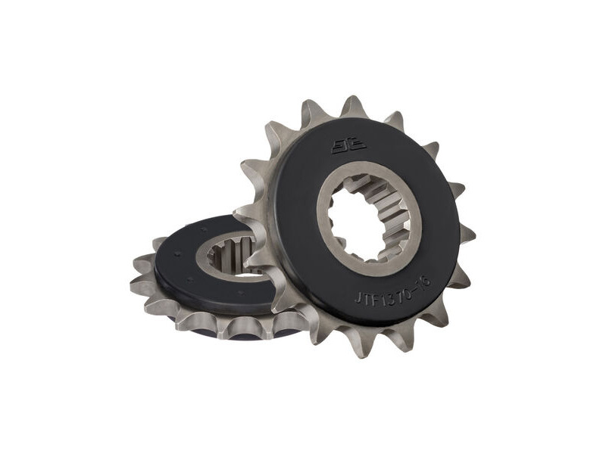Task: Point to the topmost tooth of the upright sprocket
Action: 353,106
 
